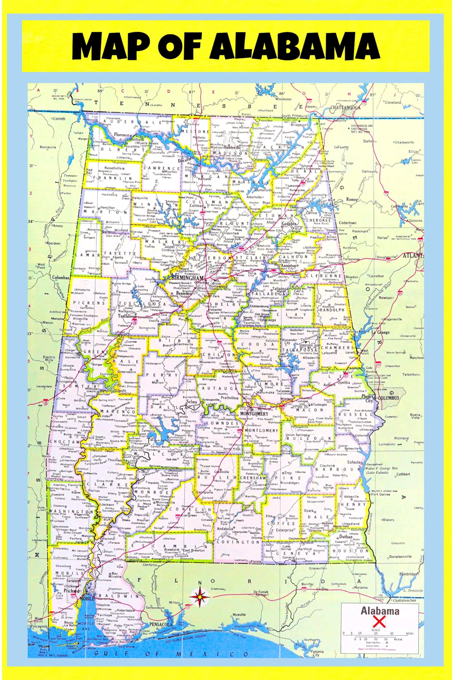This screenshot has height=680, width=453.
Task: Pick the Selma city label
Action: [x=192, y=402]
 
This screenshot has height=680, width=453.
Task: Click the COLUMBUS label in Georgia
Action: [x=388, y=398]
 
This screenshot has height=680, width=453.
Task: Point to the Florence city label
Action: [x=121, y=135]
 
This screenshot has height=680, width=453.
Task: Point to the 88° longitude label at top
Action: [x=100, y=91]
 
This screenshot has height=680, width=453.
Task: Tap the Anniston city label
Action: [x=289, y=265]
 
